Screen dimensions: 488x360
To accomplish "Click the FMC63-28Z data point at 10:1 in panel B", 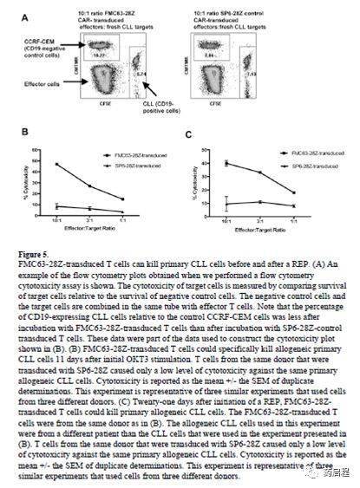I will coord(56,164).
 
